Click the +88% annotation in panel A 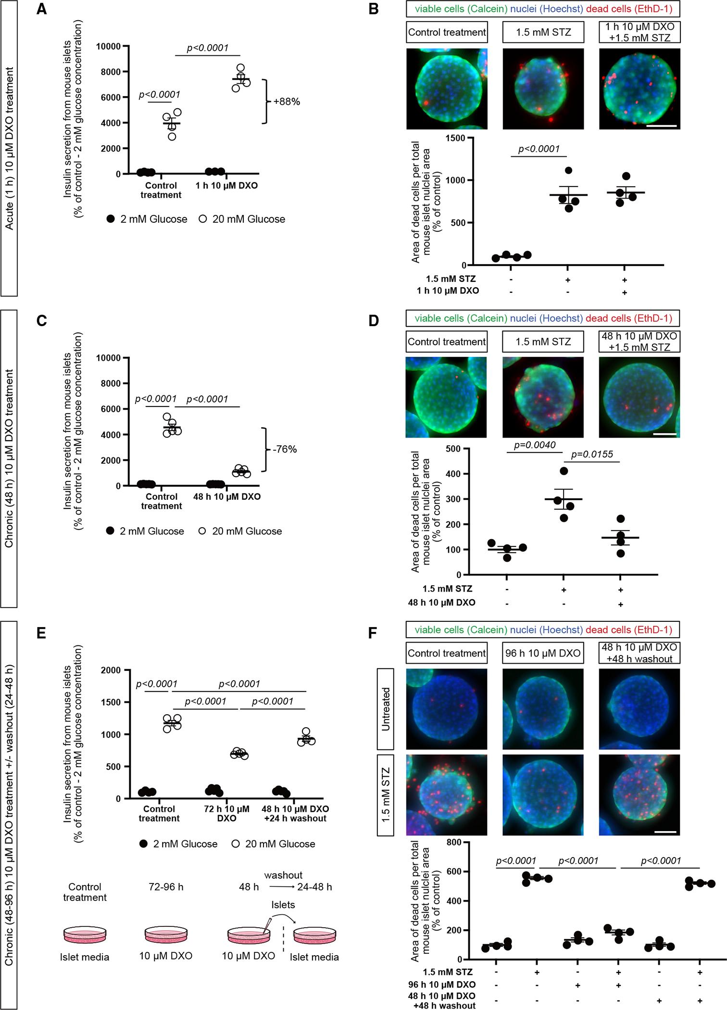287,102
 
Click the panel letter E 41,633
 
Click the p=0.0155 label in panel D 595,454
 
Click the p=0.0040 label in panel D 535,445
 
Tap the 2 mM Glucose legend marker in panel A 110,219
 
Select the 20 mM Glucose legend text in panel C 247,531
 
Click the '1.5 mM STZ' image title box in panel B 543,32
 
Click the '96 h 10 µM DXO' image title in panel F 543,653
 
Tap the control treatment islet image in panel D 446,397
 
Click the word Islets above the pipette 283,905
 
